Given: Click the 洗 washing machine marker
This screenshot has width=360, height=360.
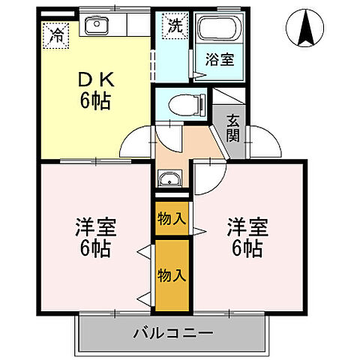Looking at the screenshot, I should [x=175, y=25].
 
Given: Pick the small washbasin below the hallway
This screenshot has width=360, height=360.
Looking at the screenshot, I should [x=170, y=178].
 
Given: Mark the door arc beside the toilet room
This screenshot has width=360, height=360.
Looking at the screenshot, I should [x=166, y=135].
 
